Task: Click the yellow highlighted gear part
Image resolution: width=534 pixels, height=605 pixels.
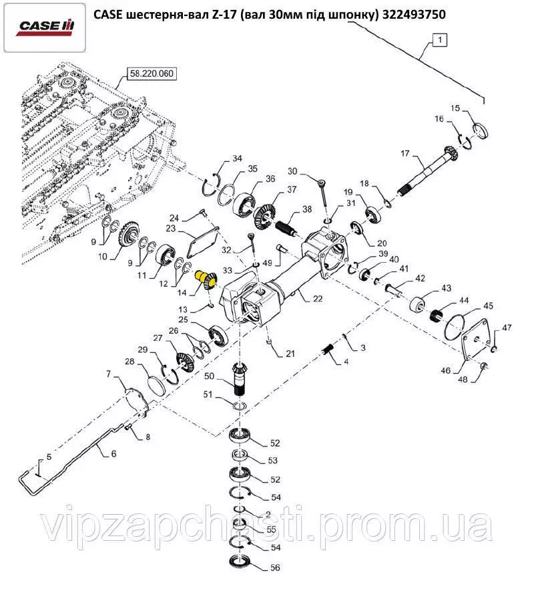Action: (x=205, y=277)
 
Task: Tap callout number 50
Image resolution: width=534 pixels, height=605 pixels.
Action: (x=209, y=377)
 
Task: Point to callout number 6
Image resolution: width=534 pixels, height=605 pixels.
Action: (x=113, y=453)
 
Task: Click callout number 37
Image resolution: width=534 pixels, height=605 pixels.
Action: (x=273, y=190)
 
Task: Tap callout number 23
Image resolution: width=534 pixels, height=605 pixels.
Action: (x=171, y=229)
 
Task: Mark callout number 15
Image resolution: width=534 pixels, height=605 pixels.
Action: (x=455, y=108)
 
